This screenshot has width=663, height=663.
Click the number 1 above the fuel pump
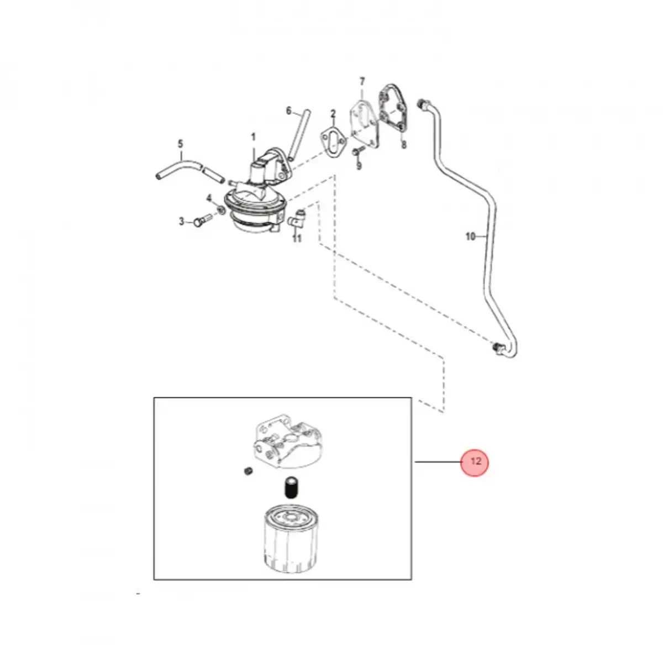[x=254, y=136]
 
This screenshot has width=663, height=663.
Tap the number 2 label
[x=333, y=114]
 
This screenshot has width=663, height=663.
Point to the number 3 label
[x=181, y=222]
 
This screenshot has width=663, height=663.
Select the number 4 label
[x=209, y=198]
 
